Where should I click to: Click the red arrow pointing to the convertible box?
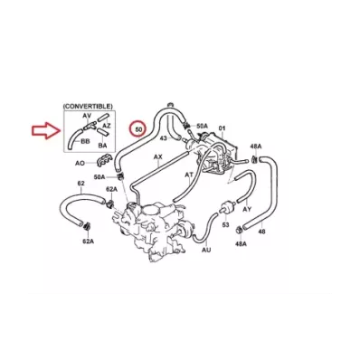tap(47, 130)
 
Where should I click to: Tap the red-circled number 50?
tap(138, 129)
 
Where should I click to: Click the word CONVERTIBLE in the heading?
tap(88, 107)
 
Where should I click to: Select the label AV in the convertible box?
tap(87, 116)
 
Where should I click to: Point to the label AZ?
tap(107, 125)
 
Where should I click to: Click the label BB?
tap(86, 141)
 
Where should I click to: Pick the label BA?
tap(102, 146)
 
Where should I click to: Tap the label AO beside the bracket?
tap(80, 163)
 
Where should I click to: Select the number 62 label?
tap(81, 184)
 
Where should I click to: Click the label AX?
tap(158, 157)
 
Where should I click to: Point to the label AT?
tap(189, 175)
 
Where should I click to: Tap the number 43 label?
tap(163, 138)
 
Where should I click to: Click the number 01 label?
tap(222, 128)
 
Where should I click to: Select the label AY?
tap(247, 209)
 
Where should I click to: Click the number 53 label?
tap(225, 224)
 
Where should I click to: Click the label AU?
tap(206, 250)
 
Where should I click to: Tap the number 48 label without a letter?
tap(262, 232)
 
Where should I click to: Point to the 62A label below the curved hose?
tap(89, 241)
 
